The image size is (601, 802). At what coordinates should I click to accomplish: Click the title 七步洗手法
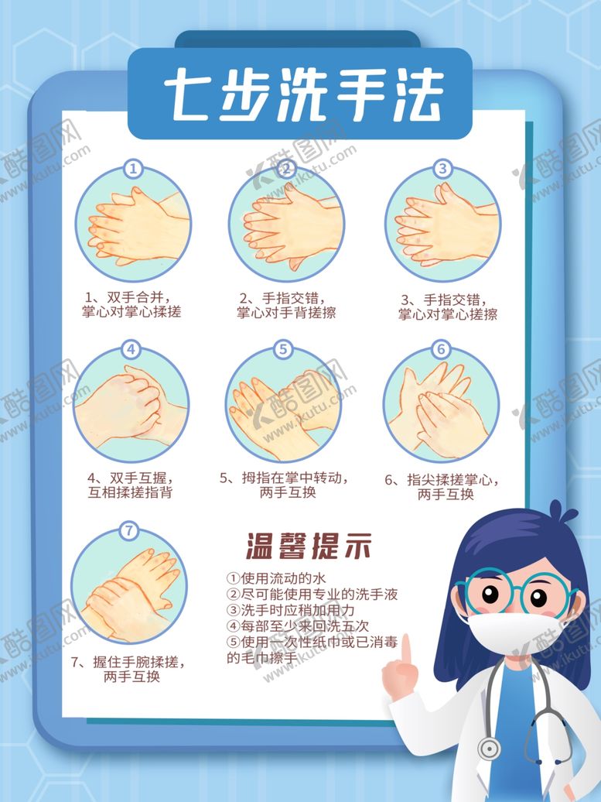pyautogui.click(x=299, y=95)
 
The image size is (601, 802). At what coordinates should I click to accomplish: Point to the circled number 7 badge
pyautogui.click(x=129, y=531)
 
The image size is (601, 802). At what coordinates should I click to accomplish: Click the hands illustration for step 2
pyautogui.click(x=286, y=226)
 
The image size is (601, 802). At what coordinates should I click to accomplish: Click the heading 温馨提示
pyautogui.click(x=309, y=547)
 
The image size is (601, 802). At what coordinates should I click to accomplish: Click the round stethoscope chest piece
pyautogui.click(x=488, y=748)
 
